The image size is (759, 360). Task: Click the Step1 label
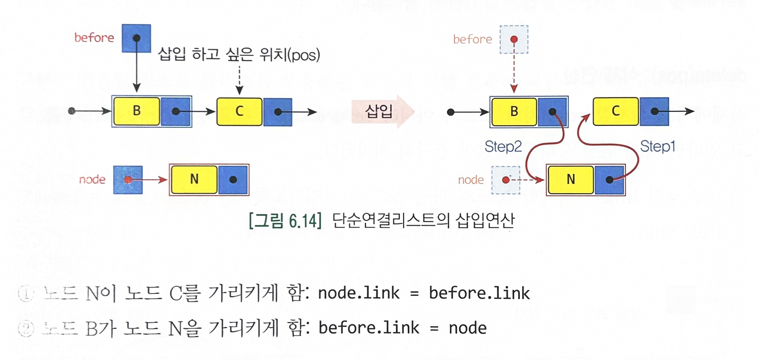tap(657, 146)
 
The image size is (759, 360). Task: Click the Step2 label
tap(503, 147)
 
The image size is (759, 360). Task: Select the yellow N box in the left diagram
tap(194, 179)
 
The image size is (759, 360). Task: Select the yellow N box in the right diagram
tap(571, 180)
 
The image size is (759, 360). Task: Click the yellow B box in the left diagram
tap(137, 111)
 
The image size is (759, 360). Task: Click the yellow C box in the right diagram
tap(615, 111)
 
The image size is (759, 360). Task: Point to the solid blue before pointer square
tap(136, 38)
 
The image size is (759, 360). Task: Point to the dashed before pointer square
tap(514, 39)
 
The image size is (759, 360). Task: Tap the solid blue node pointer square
tap(128, 180)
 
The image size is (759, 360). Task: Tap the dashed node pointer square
tap(506, 180)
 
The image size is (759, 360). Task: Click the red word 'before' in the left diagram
tap(94, 38)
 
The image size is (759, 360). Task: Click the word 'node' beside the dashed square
tap(471, 180)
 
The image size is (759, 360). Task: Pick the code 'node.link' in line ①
tap(359, 293)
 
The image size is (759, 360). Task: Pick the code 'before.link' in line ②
tap(369, 328)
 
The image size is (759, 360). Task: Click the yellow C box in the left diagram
tap(239, 112)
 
